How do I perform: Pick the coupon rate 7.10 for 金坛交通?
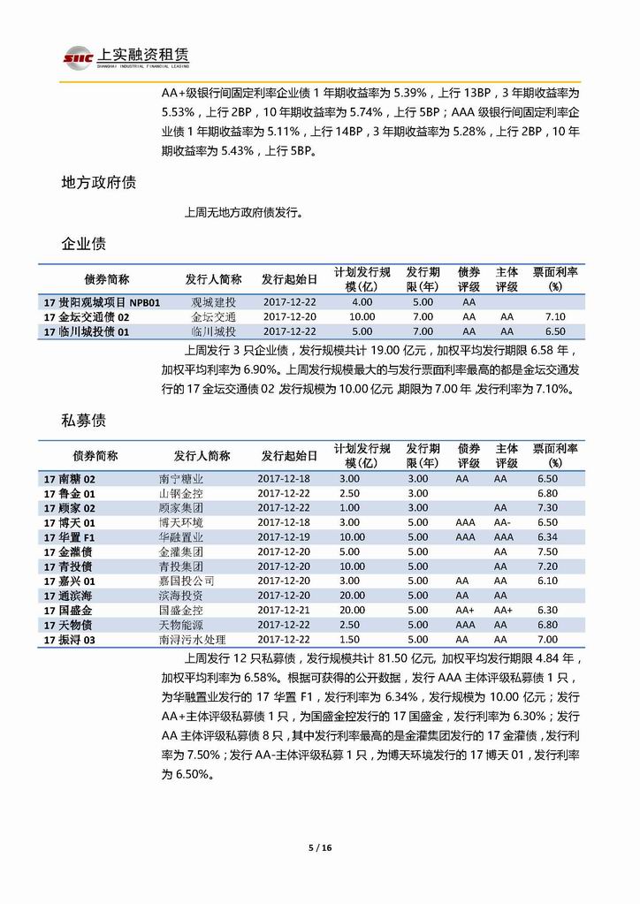[555, 317]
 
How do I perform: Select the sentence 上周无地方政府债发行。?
[243, 212]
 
